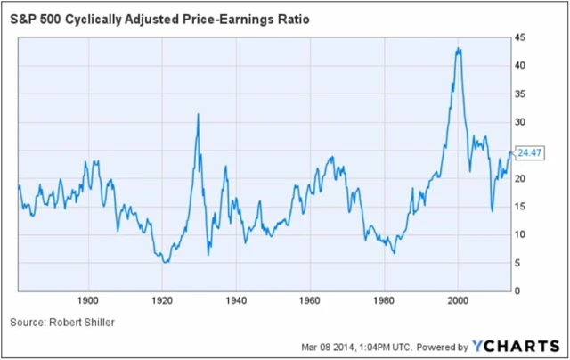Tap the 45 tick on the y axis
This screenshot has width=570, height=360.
[x=518, y=37]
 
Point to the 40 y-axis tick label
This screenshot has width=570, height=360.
[x=518, y=66]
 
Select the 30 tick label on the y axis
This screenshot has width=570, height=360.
[x=518, y=122]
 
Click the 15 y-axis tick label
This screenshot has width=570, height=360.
[x=518, y=207]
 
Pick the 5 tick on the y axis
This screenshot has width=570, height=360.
[x=516, y=263]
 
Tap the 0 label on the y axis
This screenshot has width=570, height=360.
[x=516, y=291]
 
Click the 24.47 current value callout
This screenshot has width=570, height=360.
[x=529, y=153]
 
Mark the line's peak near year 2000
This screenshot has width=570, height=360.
[x=458, y=49]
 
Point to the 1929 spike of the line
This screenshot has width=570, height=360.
[x=197, y=114]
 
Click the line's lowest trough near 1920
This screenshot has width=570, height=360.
[x=165, y=262]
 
